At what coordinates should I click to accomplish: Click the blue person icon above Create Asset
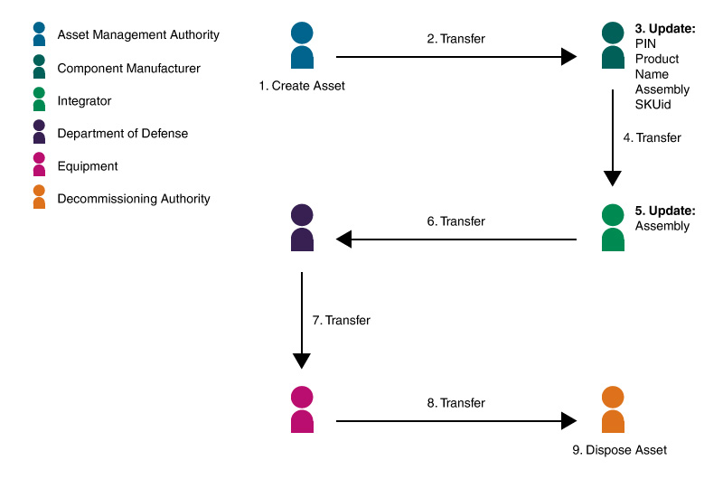302,46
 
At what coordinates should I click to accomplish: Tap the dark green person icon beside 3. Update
613,46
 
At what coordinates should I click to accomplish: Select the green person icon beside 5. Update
613,228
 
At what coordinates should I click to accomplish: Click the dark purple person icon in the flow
302,228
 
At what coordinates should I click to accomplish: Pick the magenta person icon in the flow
302,409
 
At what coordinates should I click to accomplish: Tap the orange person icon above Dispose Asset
613,409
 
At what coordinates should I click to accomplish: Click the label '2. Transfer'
455,39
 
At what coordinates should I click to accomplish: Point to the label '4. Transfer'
652,138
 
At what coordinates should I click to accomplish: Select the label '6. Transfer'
455,221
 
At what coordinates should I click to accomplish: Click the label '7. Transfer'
341,320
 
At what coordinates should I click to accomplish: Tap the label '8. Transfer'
455,403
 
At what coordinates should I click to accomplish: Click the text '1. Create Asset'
302,86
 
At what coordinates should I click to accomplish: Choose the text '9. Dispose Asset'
613,449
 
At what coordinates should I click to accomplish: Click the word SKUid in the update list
653,105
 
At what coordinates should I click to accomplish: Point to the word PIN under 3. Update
645,43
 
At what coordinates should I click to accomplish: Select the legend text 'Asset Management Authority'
138,35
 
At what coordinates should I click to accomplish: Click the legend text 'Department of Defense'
123,134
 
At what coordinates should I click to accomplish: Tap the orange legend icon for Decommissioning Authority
39,198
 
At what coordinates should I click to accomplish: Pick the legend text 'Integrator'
84,101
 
